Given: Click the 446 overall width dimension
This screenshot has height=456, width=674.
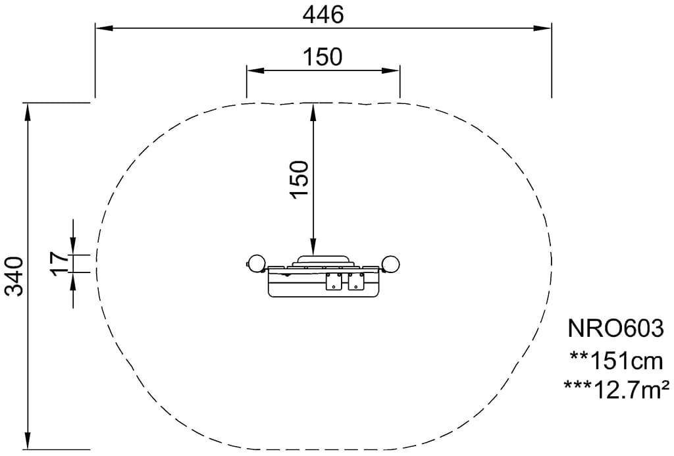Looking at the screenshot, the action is (323, 15).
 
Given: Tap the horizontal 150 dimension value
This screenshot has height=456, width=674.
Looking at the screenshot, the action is (323, 57).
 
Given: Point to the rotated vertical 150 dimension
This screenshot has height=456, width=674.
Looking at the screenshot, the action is (299, 179).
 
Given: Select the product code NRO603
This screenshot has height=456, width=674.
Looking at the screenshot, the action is (615, 329).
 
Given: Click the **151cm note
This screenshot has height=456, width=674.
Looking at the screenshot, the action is (616, 361).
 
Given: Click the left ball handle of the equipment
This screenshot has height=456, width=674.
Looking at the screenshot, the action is (255, 264).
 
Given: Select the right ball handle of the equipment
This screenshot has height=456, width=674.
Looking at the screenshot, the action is (391, 264).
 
